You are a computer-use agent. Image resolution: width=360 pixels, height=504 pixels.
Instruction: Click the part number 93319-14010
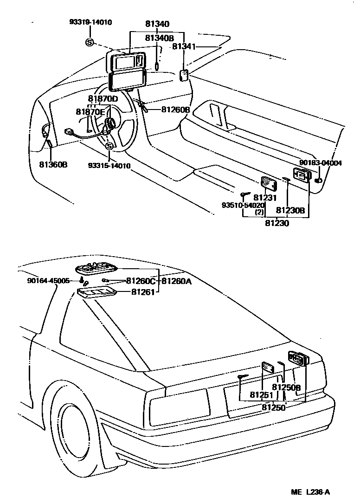coord(91,22)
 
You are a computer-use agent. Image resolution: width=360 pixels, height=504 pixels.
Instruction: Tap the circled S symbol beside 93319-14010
coord(90,43)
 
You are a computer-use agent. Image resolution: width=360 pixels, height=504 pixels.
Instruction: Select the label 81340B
coord(159,38)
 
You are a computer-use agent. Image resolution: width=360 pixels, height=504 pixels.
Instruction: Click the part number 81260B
coord(176,110)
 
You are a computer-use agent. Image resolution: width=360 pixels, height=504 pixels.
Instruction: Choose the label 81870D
coord(103,99)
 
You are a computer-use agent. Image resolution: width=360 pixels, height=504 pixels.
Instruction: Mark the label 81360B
coord(53,164)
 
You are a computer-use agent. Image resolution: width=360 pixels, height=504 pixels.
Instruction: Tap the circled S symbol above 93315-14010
coord(109,147)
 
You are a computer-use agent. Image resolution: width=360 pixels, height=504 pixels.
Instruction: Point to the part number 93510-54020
coord(243,205)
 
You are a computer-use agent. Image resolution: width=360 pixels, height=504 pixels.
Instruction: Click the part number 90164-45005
coord(48,281)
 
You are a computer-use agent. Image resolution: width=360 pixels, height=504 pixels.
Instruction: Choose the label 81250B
coord(286,388)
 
